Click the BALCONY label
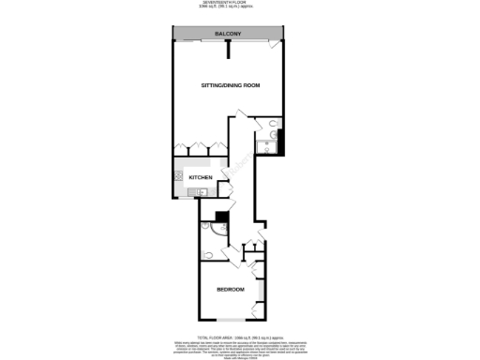(228, 35)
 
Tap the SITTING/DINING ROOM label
(231, 86)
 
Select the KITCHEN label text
(202, 178)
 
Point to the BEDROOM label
(231, 290)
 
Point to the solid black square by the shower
(221, 217)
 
